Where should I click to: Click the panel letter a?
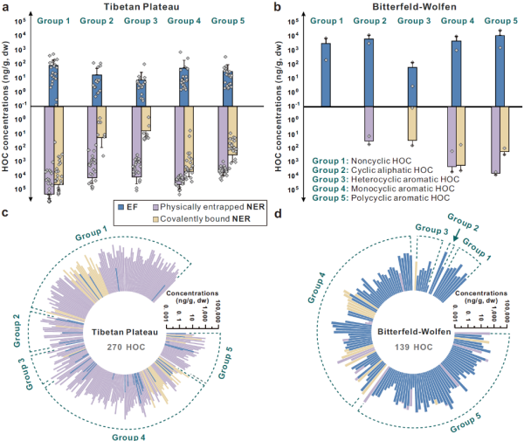(x=5, y=7)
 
